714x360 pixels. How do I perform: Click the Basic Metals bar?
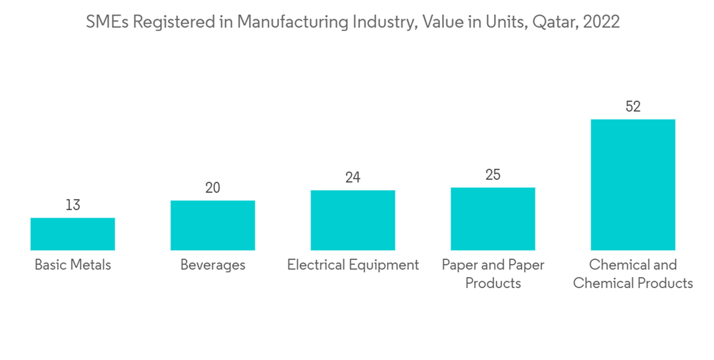pyautogui.click(x=73, y=234)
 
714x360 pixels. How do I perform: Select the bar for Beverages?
pyautogui.click(x=213, y=226)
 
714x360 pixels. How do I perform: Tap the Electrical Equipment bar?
pyautogui.click(x=353, y=220)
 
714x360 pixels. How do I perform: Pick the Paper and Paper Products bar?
pyautogui.click(x=493, y=219)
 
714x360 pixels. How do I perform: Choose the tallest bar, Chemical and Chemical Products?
pyautogui.click(x=633, y=184)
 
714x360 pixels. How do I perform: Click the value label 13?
pyautogui.click(x=73, y=206)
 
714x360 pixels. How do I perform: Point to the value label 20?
pyautogui.click(x=213, y=188)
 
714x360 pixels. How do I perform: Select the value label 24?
pyautogui.click(x=353, y=178)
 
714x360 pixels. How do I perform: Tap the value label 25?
pyautogui.click(x=493, y=175)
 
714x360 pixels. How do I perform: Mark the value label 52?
pyautogui.click(x=633, y=107)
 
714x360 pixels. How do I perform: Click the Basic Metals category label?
pyautogui.click(x=73, y=265)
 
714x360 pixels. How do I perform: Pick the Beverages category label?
pyautogui.click(x=213, y=265)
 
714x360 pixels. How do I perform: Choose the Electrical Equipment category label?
pyautogui.click(x=353, y=265)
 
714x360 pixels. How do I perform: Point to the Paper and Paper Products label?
pyautogui.click(x=493, y=274)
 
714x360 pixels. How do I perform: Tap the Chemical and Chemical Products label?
pyautogui.click(x=633, y=274)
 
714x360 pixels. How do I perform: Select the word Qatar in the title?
pyautogui.click(x=554, y=22)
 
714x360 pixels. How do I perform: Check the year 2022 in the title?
pyautogui.click(x=601, y=22)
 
